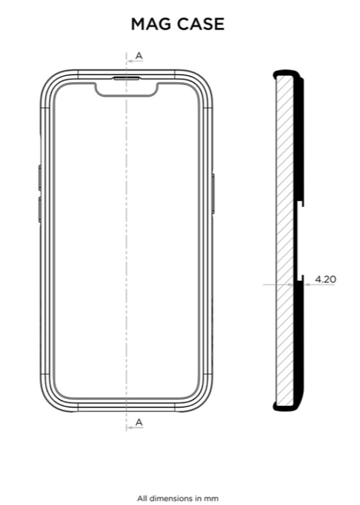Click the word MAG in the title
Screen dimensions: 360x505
tap(151, 24)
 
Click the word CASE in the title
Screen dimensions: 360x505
tap(201, 24)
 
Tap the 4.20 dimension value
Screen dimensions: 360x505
tap(325, 279)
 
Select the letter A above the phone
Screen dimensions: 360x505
tap(139, 56)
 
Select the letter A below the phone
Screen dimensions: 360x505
tap(139, 423)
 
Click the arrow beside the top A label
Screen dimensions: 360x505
tap(135, 61)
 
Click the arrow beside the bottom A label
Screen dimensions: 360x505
tap(135, 427)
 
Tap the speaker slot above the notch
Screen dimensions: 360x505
tap(126, 78)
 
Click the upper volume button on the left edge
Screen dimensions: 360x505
tap(40, 177)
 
